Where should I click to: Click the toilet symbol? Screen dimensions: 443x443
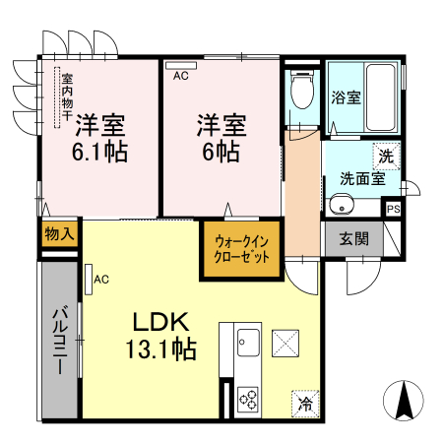pyautogui.click(x=302, y=90)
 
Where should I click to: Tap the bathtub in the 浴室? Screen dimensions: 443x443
pyautogui.click(x=380, y=97)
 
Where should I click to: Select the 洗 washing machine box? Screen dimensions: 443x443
pyautogui.click(x=386, y=157)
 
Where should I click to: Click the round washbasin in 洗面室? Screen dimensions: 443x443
pyautogui.click(x=342, y=205)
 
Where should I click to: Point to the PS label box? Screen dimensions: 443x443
pyautogui.click(x=393, y=209)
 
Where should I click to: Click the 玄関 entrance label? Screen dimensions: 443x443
pyautogui.click(x=353, y=238)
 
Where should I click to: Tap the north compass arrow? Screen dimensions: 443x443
pyautogui.click(x=404, y=401)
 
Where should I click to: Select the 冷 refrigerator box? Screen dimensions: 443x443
pyautogui.click(x=305, y=404)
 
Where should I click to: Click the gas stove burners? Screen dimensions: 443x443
pyautogui.click(x=248, y=400)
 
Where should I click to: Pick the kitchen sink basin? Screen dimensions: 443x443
pyautogui.click(x=248, y=343)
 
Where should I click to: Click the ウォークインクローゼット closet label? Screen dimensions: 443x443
pyautogui.click(x=241, y=249)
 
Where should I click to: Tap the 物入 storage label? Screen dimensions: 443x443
pyautogui.click(x=59, y=234)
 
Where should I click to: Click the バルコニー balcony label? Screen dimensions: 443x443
pyautogui.click(x=60, y=340)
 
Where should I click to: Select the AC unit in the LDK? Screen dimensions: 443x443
pyautogui.click(x=89, y=280)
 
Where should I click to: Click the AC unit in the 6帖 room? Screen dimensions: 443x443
pyautogui.click(x=181, y=65)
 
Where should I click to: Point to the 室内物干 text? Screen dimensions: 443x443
pyautogui.click(x=67, y=96)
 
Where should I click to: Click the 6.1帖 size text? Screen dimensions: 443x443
pyautogui.click(x=99, y=152)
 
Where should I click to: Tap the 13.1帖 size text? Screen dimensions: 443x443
pyautogui.click(x=160, y=349)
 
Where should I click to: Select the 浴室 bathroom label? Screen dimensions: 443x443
pyautogui.click(x=346, y=97)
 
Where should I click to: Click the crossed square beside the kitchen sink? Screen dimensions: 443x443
pyautogui.click(x=285, y=344)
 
